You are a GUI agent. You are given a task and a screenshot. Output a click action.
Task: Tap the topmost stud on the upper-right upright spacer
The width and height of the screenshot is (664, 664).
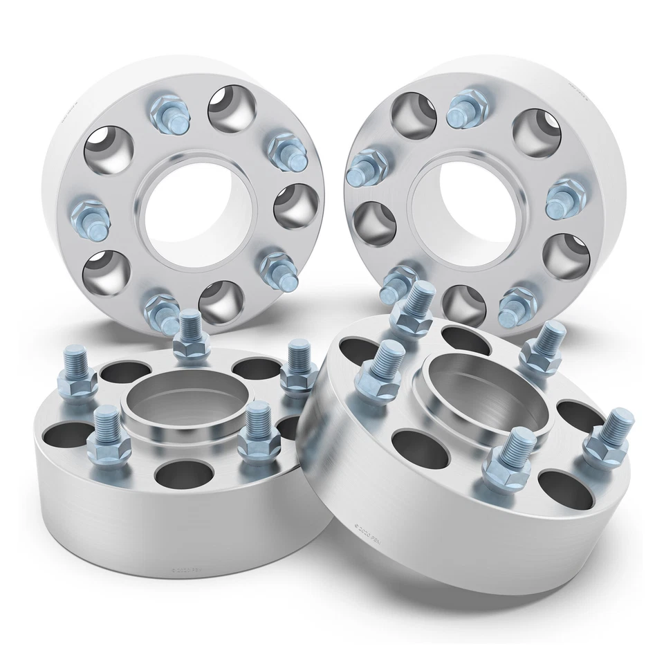pos(468,110)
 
